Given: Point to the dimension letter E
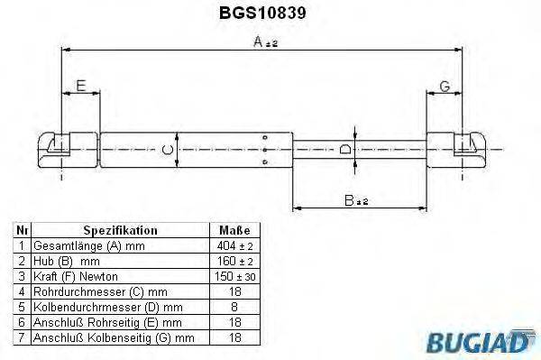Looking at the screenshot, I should (80, 87).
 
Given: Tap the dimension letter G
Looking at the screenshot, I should (444, 87).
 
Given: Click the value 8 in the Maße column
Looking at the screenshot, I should (234, 306).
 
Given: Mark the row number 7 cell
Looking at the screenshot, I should (21, 337).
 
